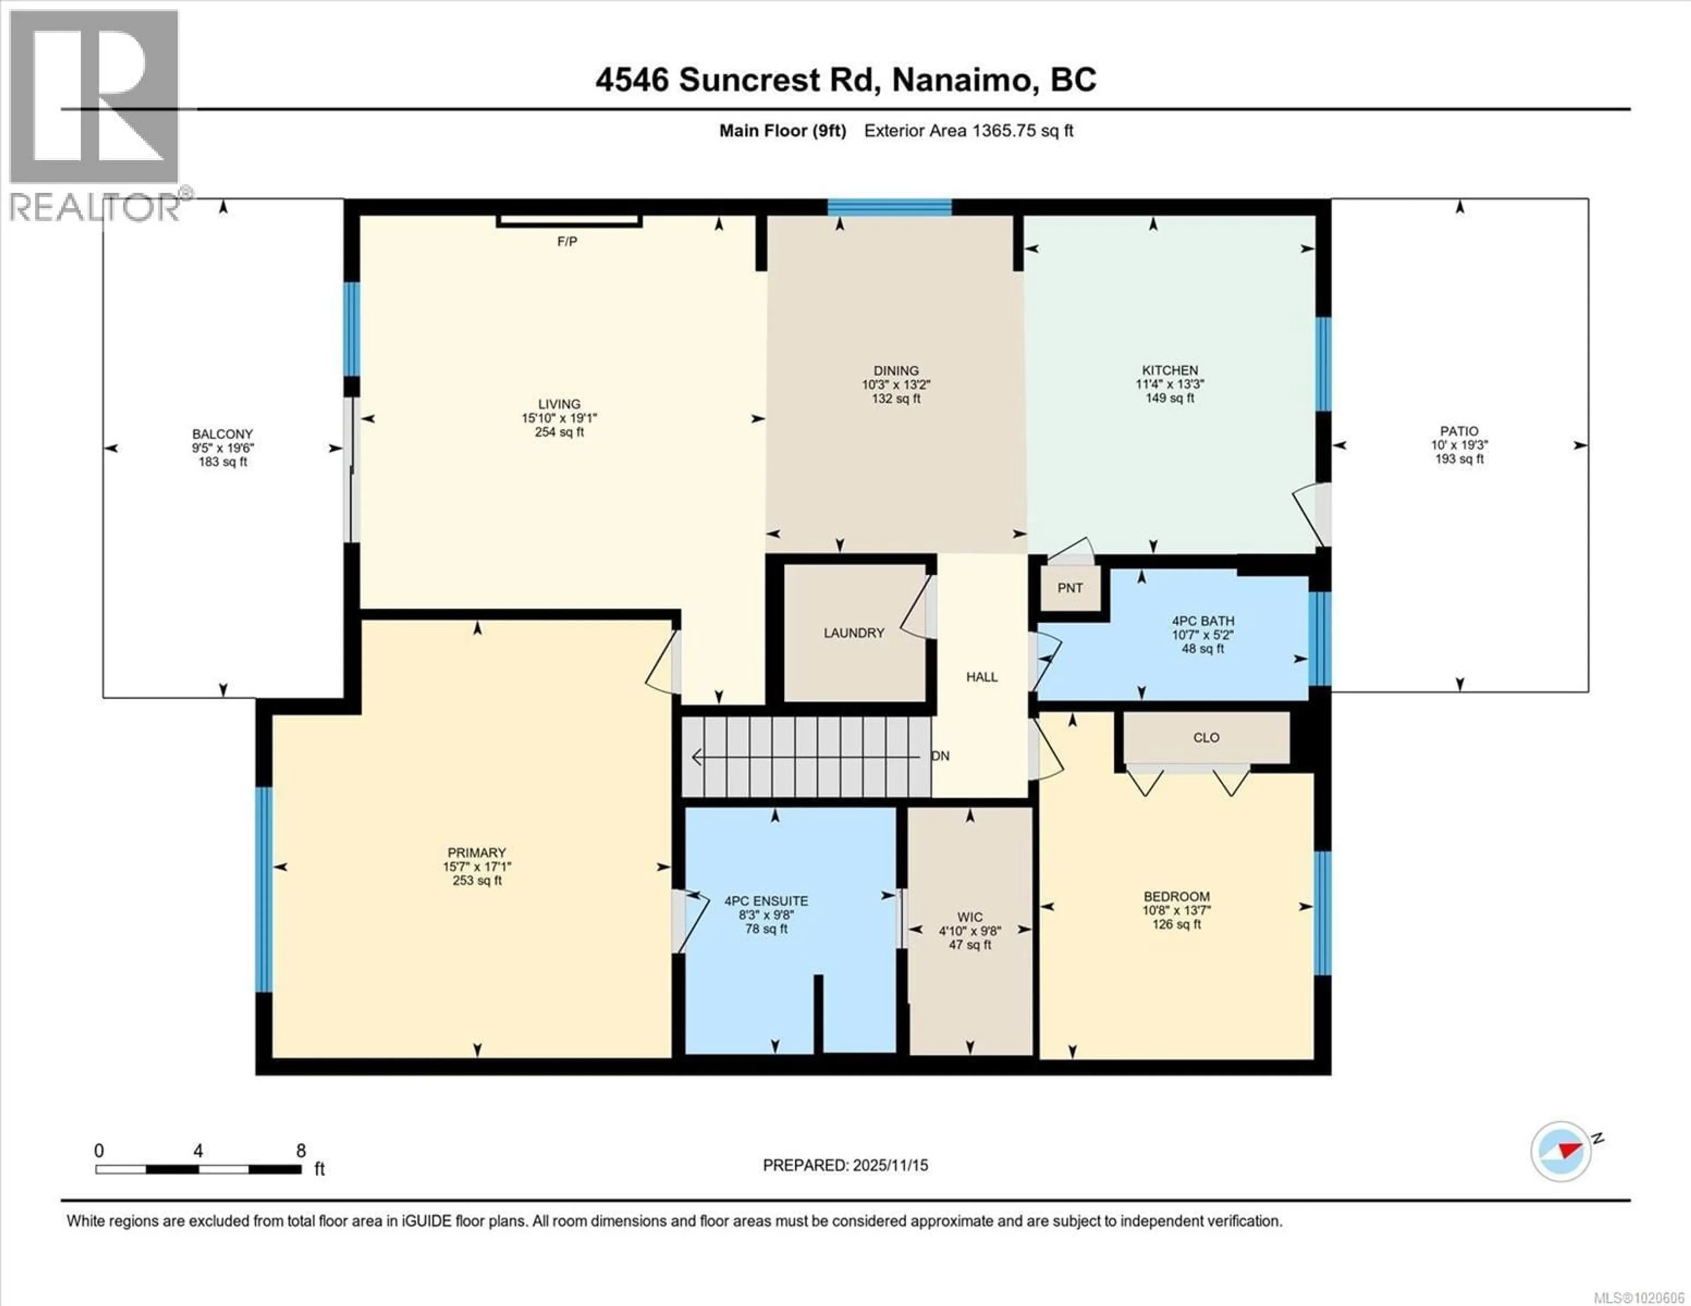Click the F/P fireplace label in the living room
click(x=567, y=242)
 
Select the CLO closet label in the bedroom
click(x=1206, y=738)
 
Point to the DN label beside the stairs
click(x=940, y=756)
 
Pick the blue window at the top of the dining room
click(x=889, y=207)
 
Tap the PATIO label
click(x=1459, y=431)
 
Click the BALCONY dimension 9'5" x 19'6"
click(x=223, y=448)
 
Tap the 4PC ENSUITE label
click(x=766, y=901)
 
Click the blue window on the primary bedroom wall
click(x=264, y=889)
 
